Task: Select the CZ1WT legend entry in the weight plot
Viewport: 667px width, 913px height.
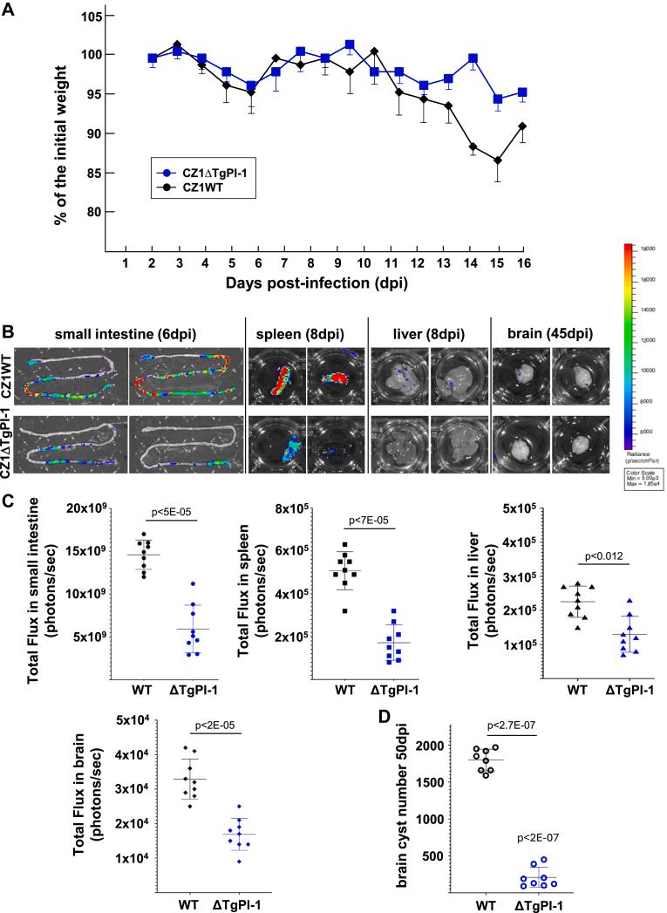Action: [x=203, y=184]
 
